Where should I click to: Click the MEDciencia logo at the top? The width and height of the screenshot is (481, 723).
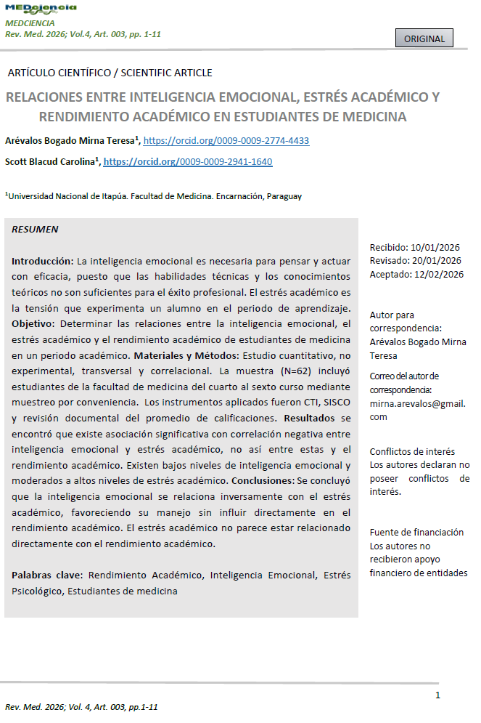pos(41,9)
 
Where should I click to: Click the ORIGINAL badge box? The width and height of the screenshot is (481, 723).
pos(424,38)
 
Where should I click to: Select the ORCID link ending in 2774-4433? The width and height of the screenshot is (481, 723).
pos(226,141)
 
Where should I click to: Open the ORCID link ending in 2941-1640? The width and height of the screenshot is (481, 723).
pos(188,162)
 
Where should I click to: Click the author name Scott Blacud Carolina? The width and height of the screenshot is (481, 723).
pos(50,162)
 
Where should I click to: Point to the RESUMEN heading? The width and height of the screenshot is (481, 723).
pos(35,230)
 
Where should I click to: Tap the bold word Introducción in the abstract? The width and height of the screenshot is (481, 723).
pos(42,261)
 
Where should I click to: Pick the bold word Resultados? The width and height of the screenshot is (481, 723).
pos(310,419)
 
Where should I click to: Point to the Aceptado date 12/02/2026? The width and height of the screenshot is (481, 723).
pos(437,274)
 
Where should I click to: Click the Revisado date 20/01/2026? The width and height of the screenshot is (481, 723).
pos(436,261)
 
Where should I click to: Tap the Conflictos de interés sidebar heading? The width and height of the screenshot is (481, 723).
pos(412,452)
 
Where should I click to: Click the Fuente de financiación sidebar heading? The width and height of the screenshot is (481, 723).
pos(416,533)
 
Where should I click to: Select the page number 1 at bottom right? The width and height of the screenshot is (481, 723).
pos(437,695)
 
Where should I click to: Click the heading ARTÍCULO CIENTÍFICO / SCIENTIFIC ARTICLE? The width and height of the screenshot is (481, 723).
pos(109,73)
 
